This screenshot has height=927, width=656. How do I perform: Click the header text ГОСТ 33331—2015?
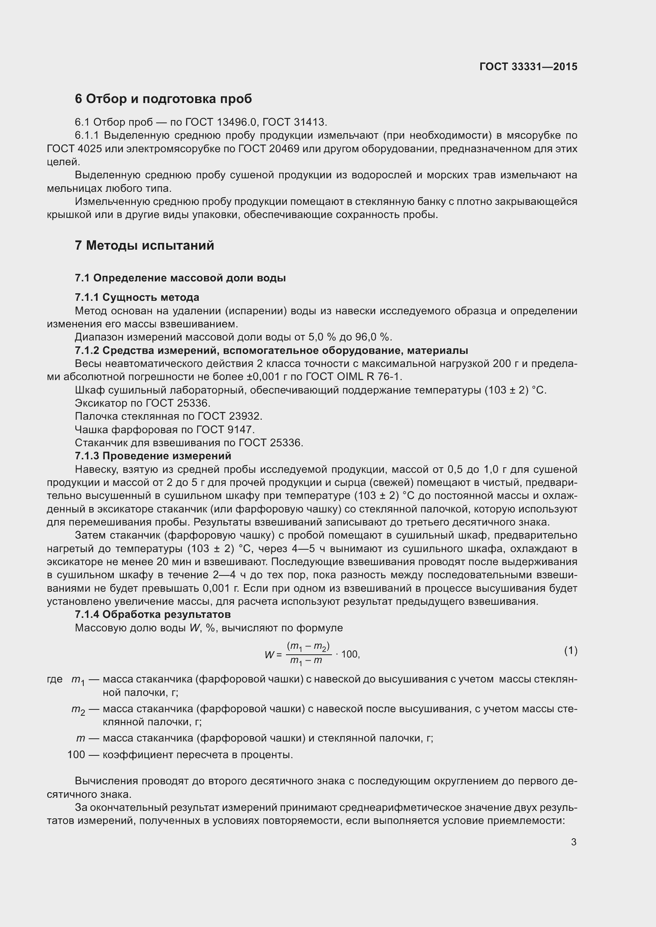coord(528,67)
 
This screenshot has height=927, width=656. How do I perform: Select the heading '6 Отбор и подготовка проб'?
coord(163,99)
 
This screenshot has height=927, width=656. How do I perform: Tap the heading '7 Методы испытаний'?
coord(144,245)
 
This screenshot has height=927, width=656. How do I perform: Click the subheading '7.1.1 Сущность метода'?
coord(137,298)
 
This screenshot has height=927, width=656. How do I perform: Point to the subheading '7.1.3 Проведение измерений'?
coord(153,456)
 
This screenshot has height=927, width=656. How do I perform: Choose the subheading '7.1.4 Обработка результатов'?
coord(153,615)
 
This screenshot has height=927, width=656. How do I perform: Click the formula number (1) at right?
coord(570,650)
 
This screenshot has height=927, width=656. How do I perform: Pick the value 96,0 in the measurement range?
coord(366,337)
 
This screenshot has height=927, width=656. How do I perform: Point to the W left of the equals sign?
coord(269,654)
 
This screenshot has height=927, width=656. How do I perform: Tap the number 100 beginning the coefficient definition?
coord(76,755)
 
